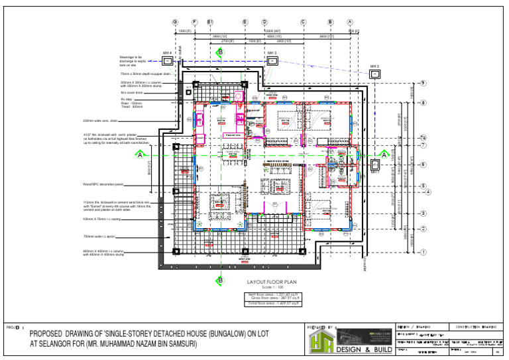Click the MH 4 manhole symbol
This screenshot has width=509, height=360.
click(x=168, y=60)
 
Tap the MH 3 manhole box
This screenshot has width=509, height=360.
click(x=272, y=60)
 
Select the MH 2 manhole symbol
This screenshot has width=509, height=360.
click(x=375, y=74)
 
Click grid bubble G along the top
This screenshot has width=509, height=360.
click(x=175, y=22)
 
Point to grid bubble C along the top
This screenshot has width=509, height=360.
click(x=303, y=22)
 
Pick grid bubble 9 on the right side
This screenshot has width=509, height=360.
click(x=423, y=83)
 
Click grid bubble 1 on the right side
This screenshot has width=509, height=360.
click(x=423, y=252)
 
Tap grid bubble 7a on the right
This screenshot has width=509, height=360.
click(x=423, y=137)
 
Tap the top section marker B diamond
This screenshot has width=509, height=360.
click(x=220, y=51)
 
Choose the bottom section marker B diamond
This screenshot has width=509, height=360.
click(x=220, y=281)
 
